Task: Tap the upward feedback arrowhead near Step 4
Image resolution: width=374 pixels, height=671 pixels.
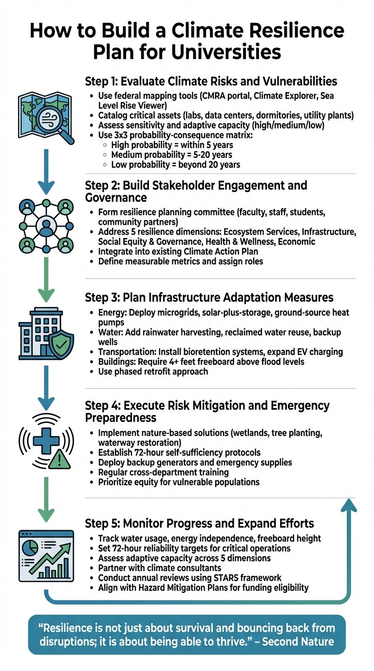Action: tap(348, 507)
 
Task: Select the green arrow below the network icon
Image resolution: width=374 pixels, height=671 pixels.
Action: tap(46, 280)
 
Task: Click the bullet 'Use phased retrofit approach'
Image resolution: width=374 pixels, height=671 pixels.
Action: tap(153, 372)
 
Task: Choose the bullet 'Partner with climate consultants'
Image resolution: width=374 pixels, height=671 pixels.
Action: tap(166, 568)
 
